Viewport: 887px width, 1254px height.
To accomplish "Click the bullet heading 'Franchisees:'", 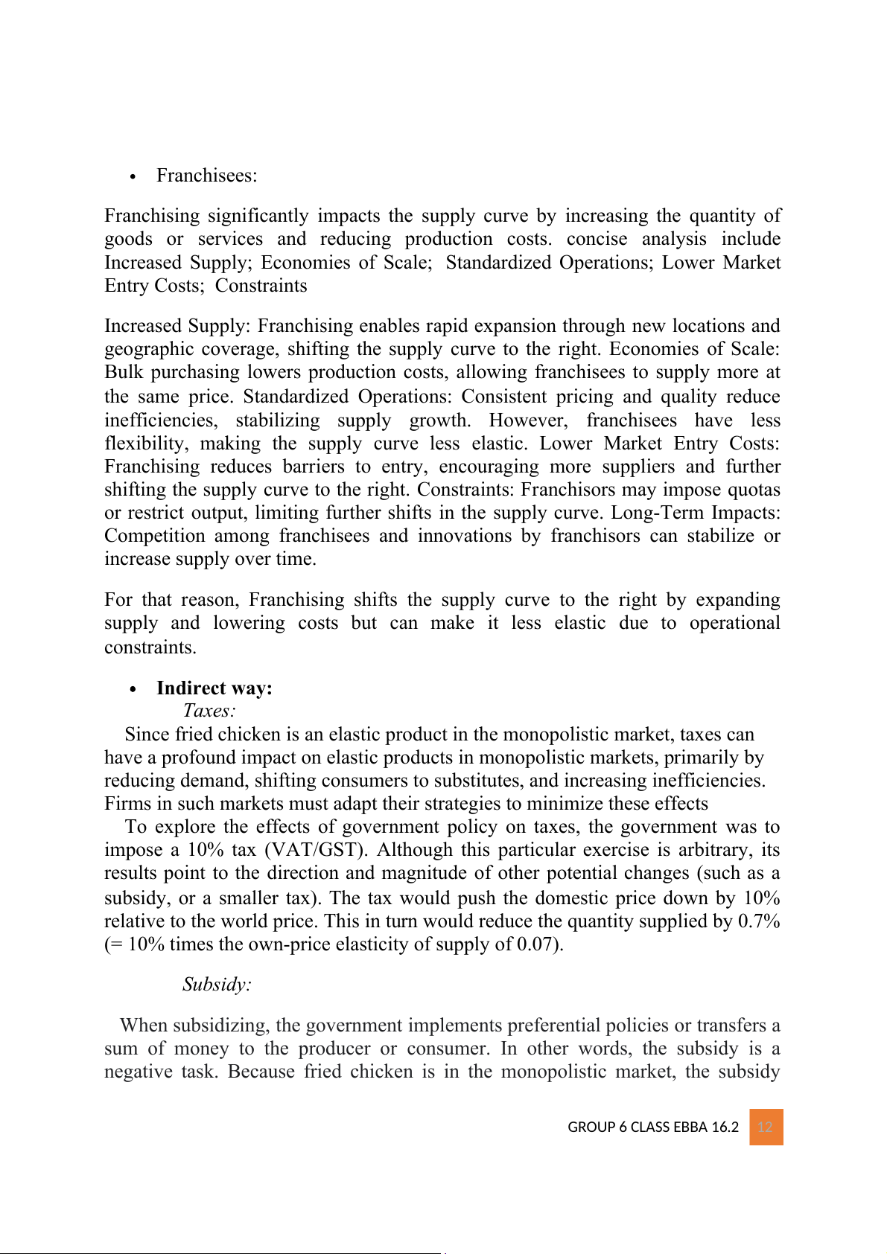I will (206, 176).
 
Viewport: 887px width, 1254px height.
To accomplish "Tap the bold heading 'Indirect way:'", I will (214, 688).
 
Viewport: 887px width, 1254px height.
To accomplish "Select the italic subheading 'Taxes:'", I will (209, 711).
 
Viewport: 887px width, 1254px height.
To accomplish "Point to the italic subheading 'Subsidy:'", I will (217, 985).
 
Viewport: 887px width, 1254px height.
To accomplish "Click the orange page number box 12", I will (766, 1127).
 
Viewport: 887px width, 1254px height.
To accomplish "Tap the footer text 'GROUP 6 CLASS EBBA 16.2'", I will (652, 1127).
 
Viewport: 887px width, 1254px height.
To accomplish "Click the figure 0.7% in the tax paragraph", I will (759, 921).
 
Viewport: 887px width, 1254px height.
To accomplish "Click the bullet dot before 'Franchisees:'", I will (133, 177).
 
